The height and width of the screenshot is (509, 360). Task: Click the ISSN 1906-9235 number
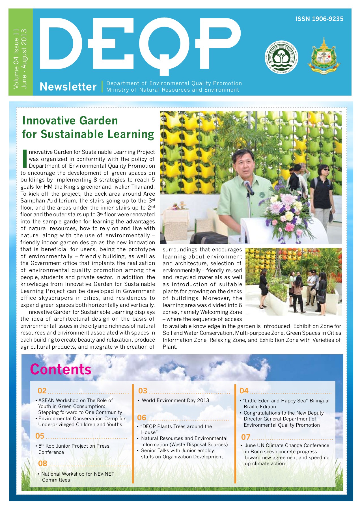tap(319, 19)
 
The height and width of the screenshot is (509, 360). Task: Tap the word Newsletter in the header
tap(68, 87)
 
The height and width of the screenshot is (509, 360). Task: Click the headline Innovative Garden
tap(70, 121)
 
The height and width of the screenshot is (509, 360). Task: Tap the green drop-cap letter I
tap(25, 158)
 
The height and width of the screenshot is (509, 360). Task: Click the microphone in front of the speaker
tap(249, 187)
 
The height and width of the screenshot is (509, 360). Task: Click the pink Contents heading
tap(61, 369)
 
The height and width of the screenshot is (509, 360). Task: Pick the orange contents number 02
tap(42, 391)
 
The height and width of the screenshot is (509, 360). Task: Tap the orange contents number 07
tap(245, 437)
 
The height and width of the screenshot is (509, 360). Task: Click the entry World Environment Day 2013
tap(175, 400)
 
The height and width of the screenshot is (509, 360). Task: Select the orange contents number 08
tap(42, 463)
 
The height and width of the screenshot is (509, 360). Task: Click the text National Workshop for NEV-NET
tap(77, 474)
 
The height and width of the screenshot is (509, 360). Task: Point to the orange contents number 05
tap(40, 436)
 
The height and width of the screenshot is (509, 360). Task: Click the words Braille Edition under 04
tap(260, 407)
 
